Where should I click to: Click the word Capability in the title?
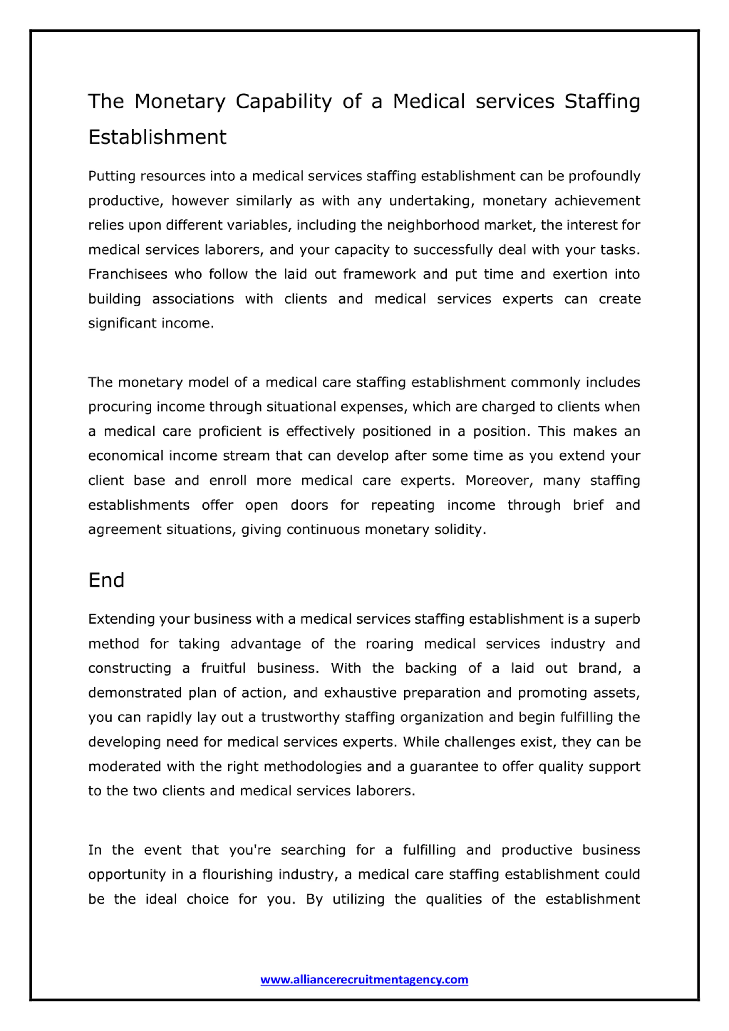click(284, 102)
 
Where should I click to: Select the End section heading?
click(106, 580)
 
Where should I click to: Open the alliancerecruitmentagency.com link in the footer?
click(364, 979)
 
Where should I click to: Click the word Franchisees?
click(128, 274)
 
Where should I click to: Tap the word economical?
click(126, 456)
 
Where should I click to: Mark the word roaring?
click(389, 644)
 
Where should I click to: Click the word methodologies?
click(312, 766)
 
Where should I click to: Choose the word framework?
click(379, 274)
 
